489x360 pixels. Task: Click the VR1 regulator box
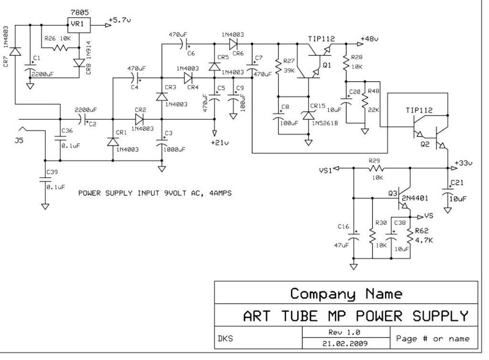(77, 24)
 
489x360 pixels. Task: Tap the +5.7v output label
(119, 20)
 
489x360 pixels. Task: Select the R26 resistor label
(51, 39)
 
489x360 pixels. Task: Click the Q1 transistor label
(326, 64)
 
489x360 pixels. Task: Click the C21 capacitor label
(457, 183)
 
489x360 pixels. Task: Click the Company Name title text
(346, 293)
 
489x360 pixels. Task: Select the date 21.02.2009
(345, 343)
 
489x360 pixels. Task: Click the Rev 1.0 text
(345, 331)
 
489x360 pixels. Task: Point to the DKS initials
(226, 337)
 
